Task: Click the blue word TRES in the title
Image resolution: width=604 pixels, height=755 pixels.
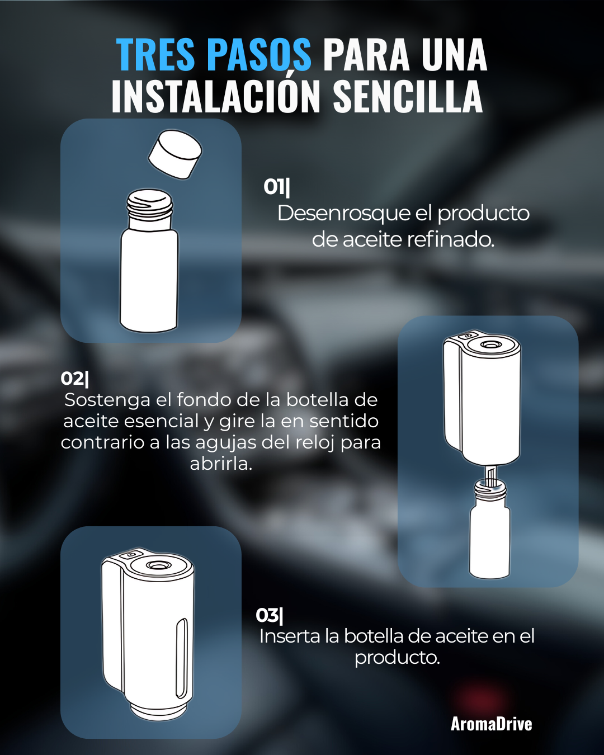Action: tap(155, 54)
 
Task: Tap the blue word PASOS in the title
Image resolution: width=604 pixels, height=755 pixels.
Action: tap(258, 54)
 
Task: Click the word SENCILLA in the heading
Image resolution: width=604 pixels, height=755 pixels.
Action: tap(408, 95)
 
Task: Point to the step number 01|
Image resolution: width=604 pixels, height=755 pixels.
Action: tap(277, 187)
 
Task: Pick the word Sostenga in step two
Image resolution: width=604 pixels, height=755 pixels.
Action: tap(107, 400)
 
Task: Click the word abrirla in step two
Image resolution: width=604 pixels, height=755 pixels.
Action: tap(221, 464)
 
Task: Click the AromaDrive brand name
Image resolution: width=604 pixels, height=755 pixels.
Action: tap(492, 724)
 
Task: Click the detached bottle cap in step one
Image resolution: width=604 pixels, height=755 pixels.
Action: tap(175, 154)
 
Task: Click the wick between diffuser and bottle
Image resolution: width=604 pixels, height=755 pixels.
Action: tap(490, 476)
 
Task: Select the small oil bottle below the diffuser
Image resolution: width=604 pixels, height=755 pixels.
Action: tap(489, 529)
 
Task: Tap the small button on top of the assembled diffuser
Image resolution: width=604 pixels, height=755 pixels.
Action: tap(131, 555)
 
